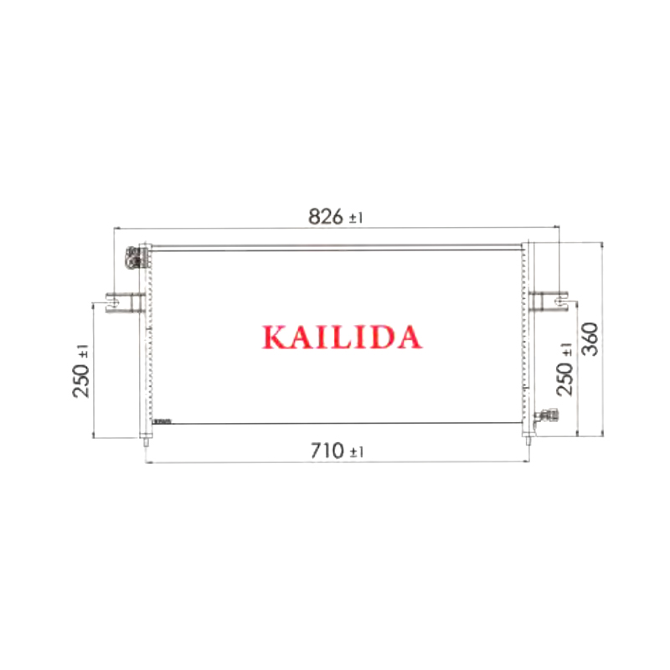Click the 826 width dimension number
pyautogui.click(x=326, y=216)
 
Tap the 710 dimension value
pyautogui.click(x=327, y=451)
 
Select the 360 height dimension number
pyautogui.click(x=591, y=339)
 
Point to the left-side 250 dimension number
pyautogui.click(x=81, y=380)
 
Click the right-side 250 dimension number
pyautogui.click(x=564, y=379)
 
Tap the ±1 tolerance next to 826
pyautogui.click(x=356, y=218)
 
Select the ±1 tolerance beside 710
pyautogui.click(x=357, y=451)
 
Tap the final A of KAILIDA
pyautogui.click(x=408, y=338)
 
